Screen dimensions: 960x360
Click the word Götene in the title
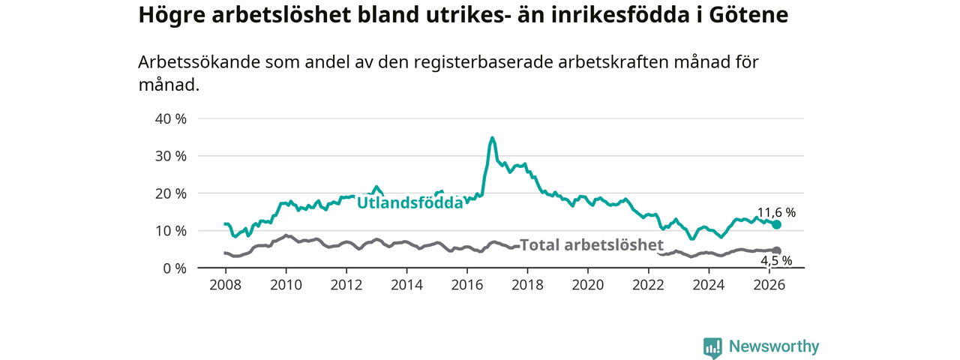[x=748, y=15]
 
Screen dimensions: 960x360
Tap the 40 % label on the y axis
[x=170, y=118]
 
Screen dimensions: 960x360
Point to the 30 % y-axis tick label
[x=170, y=156]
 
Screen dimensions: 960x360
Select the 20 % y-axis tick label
[x=170, y=193]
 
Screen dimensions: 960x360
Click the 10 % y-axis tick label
[x=170, y=231]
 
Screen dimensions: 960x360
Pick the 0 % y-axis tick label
[x=175, y=268]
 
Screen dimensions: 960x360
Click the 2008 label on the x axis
[x=226, y=285]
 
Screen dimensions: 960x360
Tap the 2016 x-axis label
[x=467, y=285]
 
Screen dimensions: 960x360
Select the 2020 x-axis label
[x=588, y=285]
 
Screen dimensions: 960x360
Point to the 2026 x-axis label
[x=769, y=285]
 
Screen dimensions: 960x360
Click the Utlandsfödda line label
[x=410, y=202]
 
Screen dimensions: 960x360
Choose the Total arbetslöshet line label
[x=592, y=244]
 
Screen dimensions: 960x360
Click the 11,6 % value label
[x=776, y=212]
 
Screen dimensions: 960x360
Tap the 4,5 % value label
[x=776, y=260]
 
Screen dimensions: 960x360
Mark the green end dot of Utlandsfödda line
[x=776, y=224]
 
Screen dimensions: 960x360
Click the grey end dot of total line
[x=776, y=250]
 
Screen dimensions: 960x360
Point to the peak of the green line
[x=492, y=138]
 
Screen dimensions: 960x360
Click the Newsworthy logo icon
[x=712, y=347]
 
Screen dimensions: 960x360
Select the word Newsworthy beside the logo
[x=774, y=346]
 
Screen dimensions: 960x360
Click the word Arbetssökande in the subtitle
[x=199, y=62]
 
